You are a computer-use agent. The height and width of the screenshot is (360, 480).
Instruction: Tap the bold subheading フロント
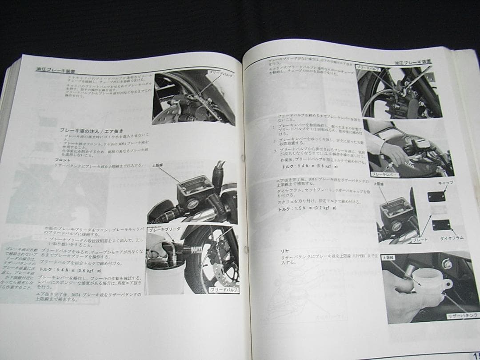[63, 159]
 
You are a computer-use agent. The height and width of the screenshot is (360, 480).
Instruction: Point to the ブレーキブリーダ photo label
[164, 229]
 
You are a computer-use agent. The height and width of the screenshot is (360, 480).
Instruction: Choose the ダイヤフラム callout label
[451, 238]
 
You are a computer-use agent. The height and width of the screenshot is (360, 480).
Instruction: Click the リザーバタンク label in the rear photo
[462, 316]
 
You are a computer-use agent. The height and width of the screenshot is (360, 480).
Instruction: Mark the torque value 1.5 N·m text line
[307, 208]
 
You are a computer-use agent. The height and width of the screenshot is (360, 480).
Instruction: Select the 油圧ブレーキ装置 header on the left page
[56, 70]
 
